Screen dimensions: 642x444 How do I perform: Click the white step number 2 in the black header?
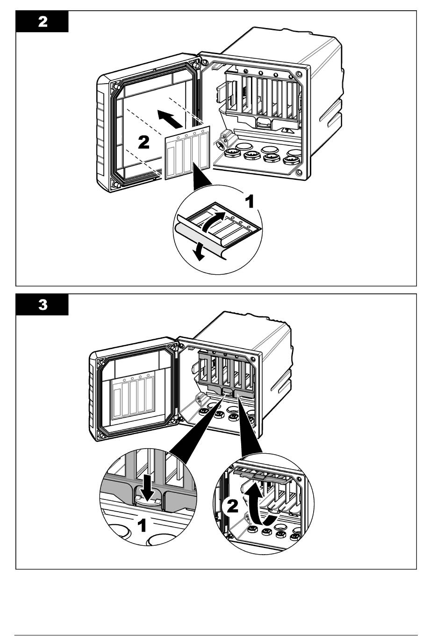(x=43, y=22)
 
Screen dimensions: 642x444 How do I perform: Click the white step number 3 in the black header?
(x=43, y=305)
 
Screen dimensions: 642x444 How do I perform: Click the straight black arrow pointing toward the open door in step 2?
(x=170, y=119)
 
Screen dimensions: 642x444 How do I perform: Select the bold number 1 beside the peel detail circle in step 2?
(x=251, y=201)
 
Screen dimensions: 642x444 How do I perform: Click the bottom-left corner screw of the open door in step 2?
(x=115, y=184)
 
